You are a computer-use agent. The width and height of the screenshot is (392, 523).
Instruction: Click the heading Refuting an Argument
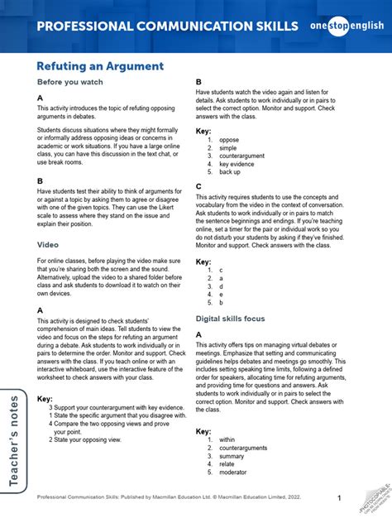100,65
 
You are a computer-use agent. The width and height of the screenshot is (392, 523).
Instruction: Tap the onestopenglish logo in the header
347,26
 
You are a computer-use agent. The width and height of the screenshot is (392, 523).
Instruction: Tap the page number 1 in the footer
340,497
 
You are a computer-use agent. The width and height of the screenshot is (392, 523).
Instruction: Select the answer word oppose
229,140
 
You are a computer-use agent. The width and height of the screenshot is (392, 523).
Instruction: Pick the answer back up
231,172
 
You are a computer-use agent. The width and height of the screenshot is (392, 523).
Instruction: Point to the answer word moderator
235,473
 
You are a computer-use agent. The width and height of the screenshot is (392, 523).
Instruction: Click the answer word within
228,440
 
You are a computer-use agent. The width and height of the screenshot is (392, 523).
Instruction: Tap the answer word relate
228,464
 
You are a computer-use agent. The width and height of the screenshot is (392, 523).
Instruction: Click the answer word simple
229,148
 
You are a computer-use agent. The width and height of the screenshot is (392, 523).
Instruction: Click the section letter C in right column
198,186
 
